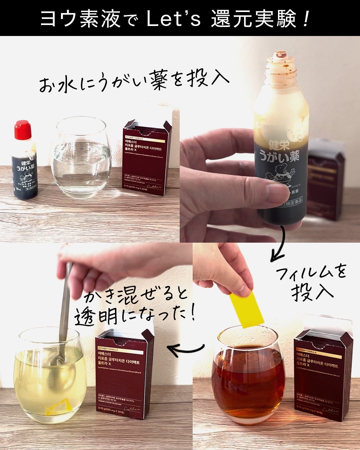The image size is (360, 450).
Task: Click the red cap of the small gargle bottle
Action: click(23, 130)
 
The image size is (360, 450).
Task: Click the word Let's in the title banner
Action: click(173, 19)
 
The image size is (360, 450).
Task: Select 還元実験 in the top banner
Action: click(253, 19)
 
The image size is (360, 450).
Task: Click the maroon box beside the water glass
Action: click(146, 158)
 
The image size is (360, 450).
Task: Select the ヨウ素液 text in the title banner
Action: click(80, 19)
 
